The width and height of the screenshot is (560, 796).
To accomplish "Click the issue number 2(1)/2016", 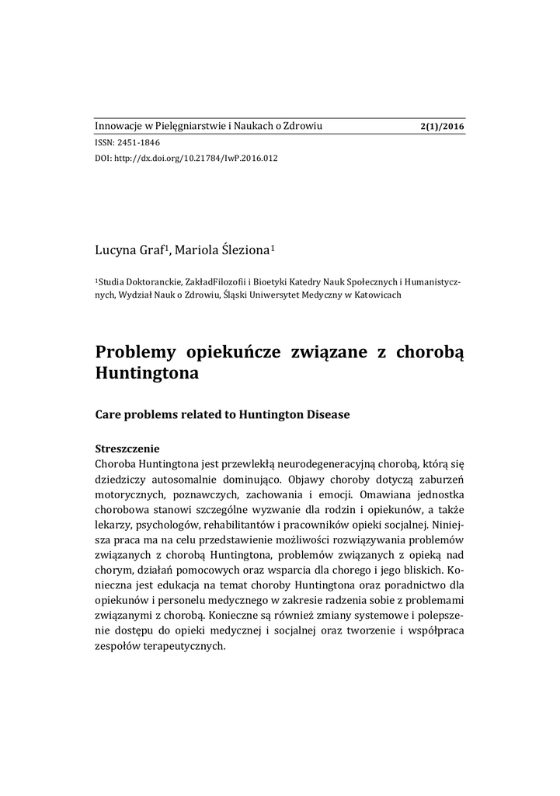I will click(x=441, y=127).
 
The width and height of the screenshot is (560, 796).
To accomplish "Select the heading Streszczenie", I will click(x=127, y=449).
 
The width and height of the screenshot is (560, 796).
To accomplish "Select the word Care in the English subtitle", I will click(x=108, y=415).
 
